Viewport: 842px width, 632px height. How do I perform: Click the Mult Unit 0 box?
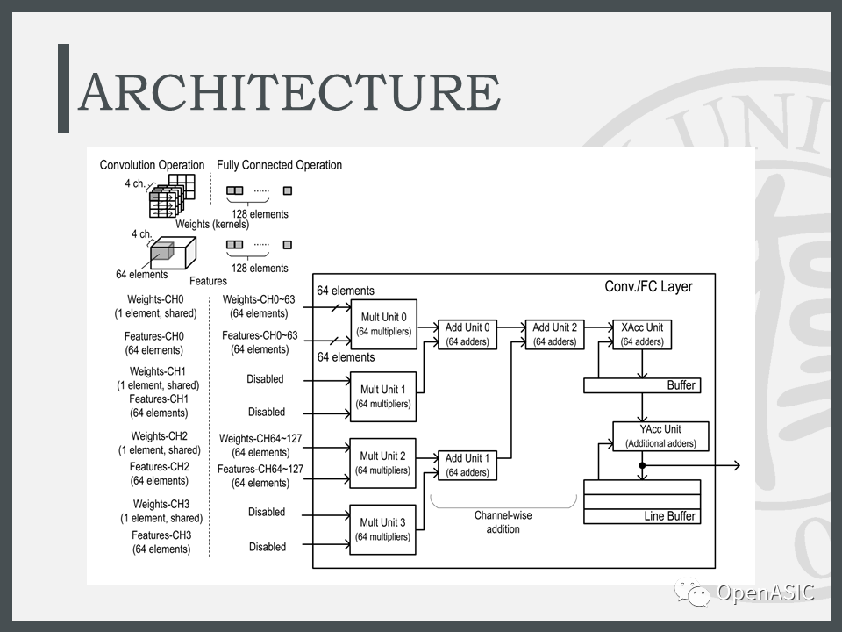tap(382, 324)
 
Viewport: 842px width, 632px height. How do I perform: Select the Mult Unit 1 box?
tap(382, 396)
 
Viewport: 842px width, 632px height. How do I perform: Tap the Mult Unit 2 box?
tap(382, 463)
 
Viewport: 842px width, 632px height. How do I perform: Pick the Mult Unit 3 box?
tap(382, 529)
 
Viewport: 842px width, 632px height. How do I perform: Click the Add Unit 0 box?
tap(467, 334)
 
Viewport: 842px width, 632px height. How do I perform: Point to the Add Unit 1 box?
tap(467, 464)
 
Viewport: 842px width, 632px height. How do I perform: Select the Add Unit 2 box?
tap(554, 334)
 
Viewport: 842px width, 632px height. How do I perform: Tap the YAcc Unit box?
tap(660, 435)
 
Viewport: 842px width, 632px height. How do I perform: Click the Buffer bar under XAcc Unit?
tap(641, 385)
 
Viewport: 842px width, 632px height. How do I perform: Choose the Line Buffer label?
tap(669, 516)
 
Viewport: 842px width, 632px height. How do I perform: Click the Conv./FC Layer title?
tap(648, 287)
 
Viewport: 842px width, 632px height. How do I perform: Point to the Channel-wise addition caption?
tap(503, 522)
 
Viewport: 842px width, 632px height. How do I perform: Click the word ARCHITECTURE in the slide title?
tap(289, 92)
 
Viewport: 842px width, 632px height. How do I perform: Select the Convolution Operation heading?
tap(152, 165)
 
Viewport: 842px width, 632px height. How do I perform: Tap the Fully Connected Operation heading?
tap(279, 165)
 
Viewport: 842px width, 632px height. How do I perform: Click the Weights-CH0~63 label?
tap(260, 299)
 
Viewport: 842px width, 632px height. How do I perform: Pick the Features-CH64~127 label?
tap(260, 470)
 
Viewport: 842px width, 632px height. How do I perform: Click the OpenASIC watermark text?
tap(765, 593)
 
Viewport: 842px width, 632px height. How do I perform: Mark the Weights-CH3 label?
tap(161, 505)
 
